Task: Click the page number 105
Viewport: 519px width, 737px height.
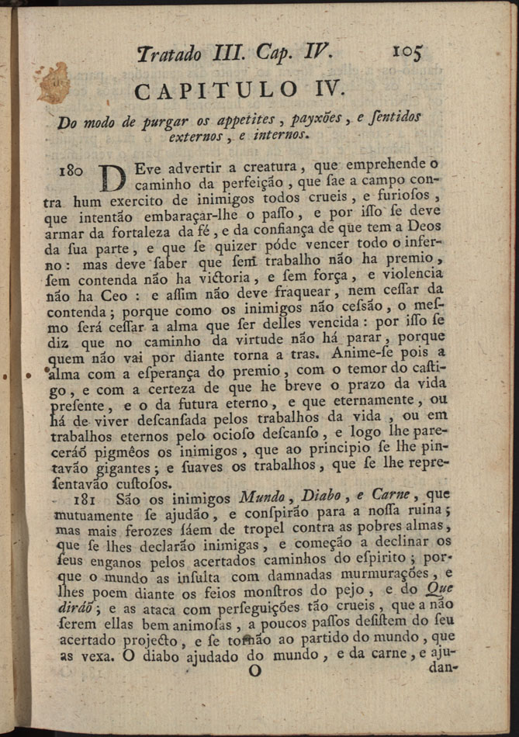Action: (407, 53)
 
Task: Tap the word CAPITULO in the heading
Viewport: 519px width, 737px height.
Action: (215, 91)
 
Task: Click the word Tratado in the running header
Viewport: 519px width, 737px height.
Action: (173, 54)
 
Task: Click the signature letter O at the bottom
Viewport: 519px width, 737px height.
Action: (254, 673)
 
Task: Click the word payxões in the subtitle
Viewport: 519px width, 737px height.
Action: (318, 120)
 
